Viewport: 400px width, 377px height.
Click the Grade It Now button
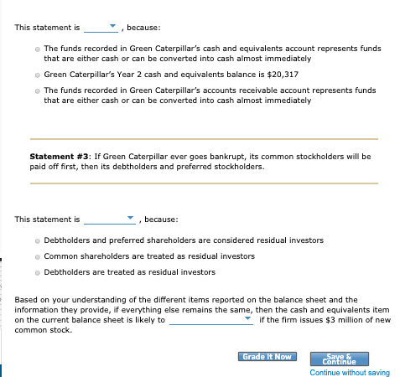tap(266, 357)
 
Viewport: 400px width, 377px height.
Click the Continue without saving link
tap(349, 372)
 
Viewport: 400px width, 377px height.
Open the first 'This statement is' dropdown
tap(106, 27)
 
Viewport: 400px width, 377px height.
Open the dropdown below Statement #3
tap(109, 219)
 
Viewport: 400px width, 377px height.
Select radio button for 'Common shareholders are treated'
tap(38, 256)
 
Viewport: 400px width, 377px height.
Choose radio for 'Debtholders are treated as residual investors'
tap(38, 271)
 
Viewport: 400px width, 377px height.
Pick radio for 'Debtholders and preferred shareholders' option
tap(38, 240)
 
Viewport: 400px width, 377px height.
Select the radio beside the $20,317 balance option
tap(38, 75)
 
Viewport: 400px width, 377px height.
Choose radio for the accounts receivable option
tap(38, 90)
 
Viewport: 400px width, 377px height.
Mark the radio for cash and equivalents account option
tap(38, 49)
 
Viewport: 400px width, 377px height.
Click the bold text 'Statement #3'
tap(59, 156)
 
